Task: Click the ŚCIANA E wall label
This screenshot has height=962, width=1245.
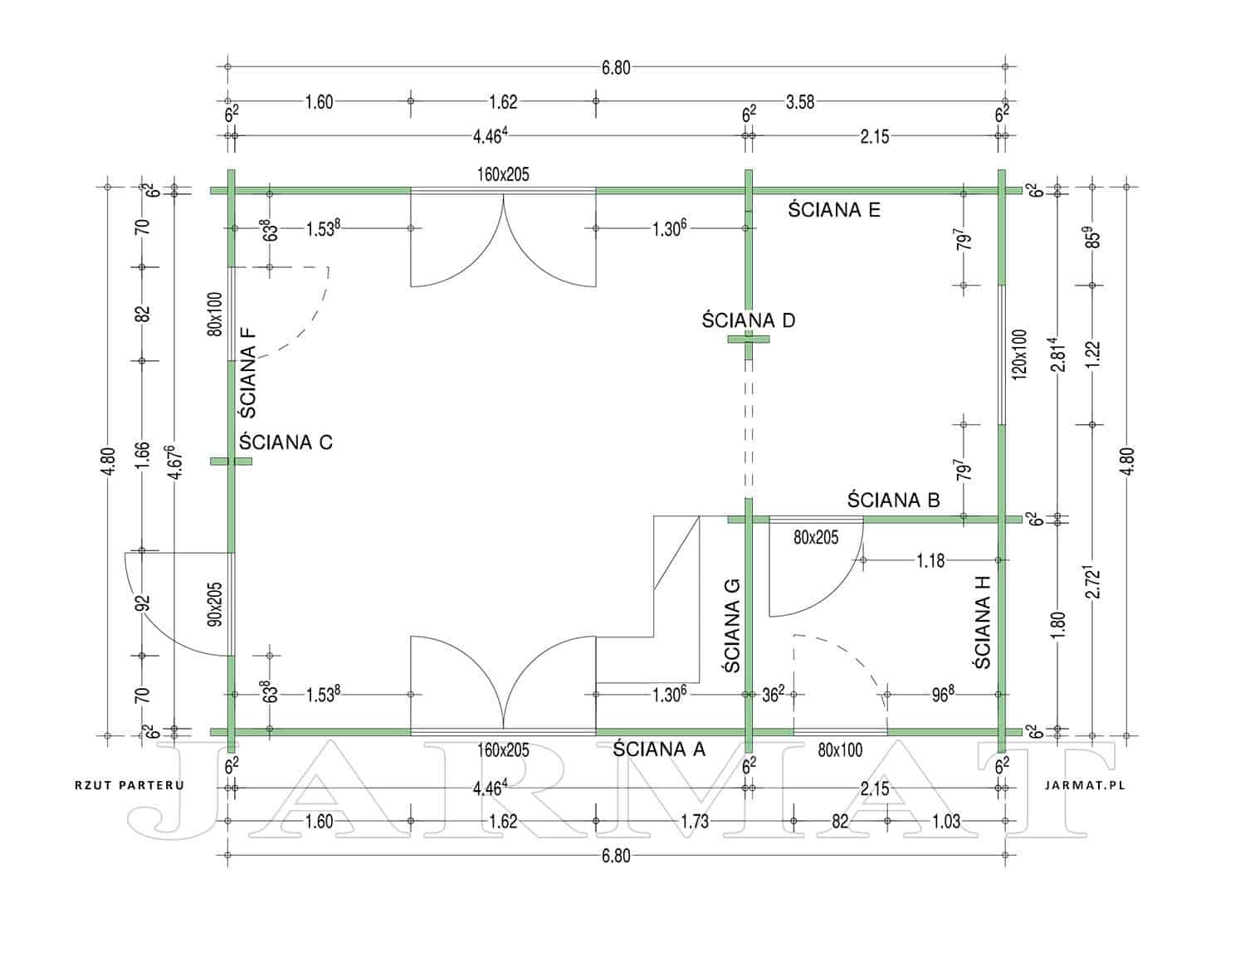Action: click(x=833, y=210)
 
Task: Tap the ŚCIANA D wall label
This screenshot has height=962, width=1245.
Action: click(x=749, y=320)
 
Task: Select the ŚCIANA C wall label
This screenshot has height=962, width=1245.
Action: click(x=286, y=442)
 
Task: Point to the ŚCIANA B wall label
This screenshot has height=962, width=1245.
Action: click(x=894, y=501)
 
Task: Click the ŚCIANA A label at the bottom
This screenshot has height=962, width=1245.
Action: click(x=659, y=749)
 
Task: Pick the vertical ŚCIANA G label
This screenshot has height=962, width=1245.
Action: click(x=732, y=626)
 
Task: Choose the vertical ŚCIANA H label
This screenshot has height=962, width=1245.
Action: click(x=982, y=623)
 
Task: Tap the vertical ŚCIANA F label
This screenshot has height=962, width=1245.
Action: click(x=248, y=373)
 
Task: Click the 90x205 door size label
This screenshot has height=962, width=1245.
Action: click(x=216, y=604)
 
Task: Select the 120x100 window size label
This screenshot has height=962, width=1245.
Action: click(x=1019, y=354)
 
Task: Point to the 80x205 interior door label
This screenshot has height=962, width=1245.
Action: click(x=816, y=537)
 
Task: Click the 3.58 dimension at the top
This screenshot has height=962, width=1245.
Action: click(x=800, y=102)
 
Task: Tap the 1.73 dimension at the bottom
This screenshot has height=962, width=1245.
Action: click(x=695, y=822)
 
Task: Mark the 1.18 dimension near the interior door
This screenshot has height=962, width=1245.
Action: click(x=930, y=560)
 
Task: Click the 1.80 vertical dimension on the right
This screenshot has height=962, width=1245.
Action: click(x=1059, y=625)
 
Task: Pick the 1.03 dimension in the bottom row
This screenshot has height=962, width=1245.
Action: click(x=946, y=822)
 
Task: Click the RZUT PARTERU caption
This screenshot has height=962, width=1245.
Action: click(x=129, y=785)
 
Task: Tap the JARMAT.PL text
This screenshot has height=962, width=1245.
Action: click(x=1085, y=785)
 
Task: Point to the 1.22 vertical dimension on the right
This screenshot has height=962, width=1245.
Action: click(x=1093, y=354)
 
